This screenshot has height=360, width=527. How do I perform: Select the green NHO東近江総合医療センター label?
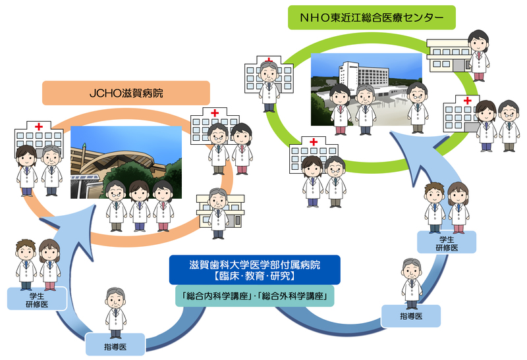coord(372,18)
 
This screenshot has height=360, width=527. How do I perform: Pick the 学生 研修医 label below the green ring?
coord(446,242)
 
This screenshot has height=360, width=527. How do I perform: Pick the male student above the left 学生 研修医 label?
coord(25,263)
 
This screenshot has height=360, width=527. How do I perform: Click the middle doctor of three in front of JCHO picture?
coord(138,203)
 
